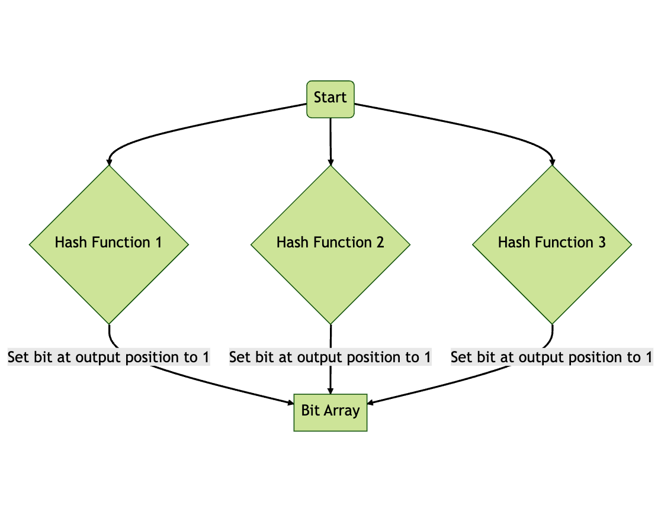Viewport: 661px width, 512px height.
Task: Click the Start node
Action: [330, 98]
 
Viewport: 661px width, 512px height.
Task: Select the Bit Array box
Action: [330, 411]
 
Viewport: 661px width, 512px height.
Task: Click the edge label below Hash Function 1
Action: [109, 358]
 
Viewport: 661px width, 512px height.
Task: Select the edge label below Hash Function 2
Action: [330, 358]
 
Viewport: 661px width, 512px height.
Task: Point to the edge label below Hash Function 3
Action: [552, 358]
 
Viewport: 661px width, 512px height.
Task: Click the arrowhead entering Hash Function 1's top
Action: [109, 162]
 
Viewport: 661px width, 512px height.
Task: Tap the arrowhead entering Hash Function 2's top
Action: [330, 162]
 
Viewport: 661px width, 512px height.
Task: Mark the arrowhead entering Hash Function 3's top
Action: [552, 162]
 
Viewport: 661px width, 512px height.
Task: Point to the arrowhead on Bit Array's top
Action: [330, 390]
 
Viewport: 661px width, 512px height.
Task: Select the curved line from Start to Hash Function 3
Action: [474, 128]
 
